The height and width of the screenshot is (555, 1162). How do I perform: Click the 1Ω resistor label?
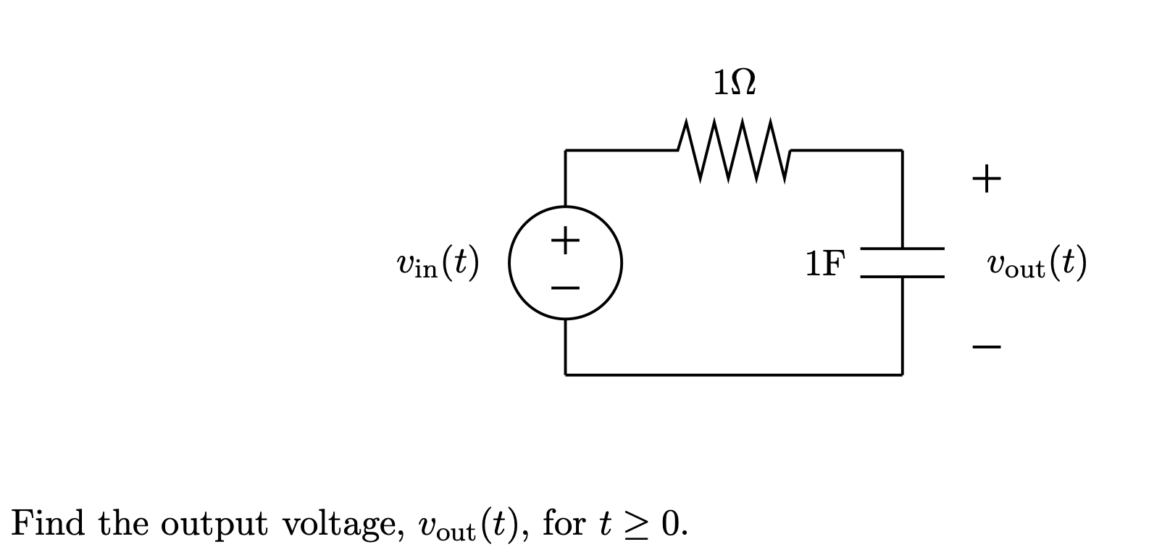(735, 82)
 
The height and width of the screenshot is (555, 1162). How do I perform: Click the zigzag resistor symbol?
(735, 151)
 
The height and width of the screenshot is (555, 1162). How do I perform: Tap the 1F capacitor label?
(824, 264)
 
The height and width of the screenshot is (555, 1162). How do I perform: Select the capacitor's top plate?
(902, 249)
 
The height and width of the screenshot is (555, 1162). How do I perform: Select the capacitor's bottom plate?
(902, 276)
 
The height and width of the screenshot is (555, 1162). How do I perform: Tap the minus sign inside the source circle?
(565, 288)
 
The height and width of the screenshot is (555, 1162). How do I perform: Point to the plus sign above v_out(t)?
(987, 178)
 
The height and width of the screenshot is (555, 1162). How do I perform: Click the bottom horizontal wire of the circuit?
(733, 375)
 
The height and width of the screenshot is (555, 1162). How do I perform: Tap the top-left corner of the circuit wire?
(566, 151)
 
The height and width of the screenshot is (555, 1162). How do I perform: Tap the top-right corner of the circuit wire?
(902, 151)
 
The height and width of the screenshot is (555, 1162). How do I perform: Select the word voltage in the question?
(343, 524)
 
